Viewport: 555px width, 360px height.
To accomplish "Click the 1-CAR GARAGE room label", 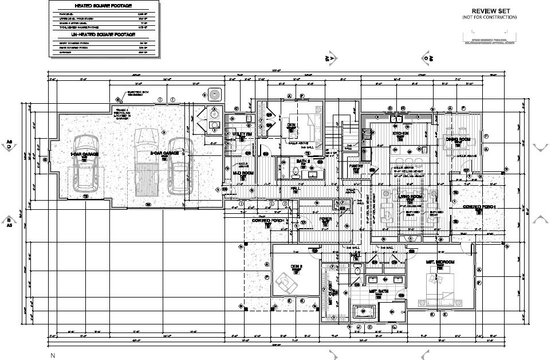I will tap(84, 154).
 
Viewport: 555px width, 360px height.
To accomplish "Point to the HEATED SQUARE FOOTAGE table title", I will tap(103, 6).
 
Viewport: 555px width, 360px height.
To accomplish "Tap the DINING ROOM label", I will tap(458, 139).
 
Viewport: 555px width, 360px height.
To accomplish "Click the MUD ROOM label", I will tap(243, 173).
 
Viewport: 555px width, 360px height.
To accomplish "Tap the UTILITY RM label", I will tap(239, 134).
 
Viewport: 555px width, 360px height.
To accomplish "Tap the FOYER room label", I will tap(325, 218).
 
